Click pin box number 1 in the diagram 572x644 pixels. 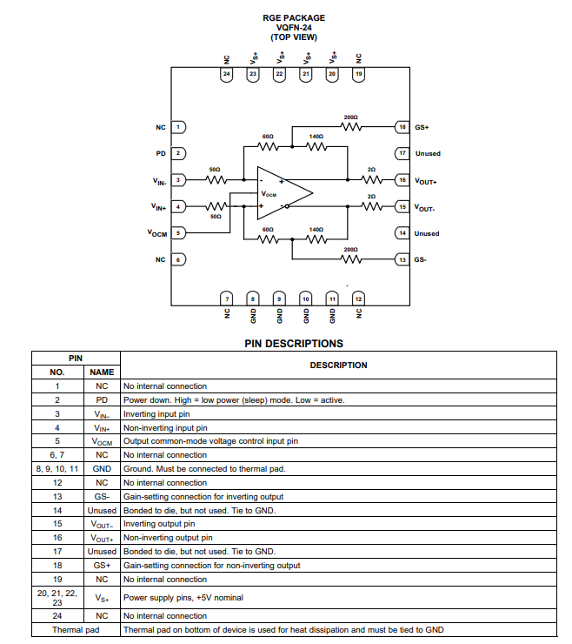[178, 127]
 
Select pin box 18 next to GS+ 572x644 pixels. [402, 127]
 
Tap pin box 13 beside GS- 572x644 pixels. [402, 259]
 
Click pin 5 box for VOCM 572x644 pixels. [178, 233]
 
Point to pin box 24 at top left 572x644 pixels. [226, 75]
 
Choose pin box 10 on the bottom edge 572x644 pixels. [305, 299]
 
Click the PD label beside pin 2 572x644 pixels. [161, 153]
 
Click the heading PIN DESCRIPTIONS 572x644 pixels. [293, 344]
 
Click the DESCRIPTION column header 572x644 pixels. [338, 365]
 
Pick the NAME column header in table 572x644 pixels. [102, 372]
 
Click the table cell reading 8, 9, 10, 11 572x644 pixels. [57, 468]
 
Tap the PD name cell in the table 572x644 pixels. [102, 400]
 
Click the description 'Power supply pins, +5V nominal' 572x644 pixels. [184, 597]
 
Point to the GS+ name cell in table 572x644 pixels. [102, 565]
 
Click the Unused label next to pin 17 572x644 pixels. [428, 153]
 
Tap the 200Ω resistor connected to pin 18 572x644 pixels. [351, 127]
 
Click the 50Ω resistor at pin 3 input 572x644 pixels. [215, 180]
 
